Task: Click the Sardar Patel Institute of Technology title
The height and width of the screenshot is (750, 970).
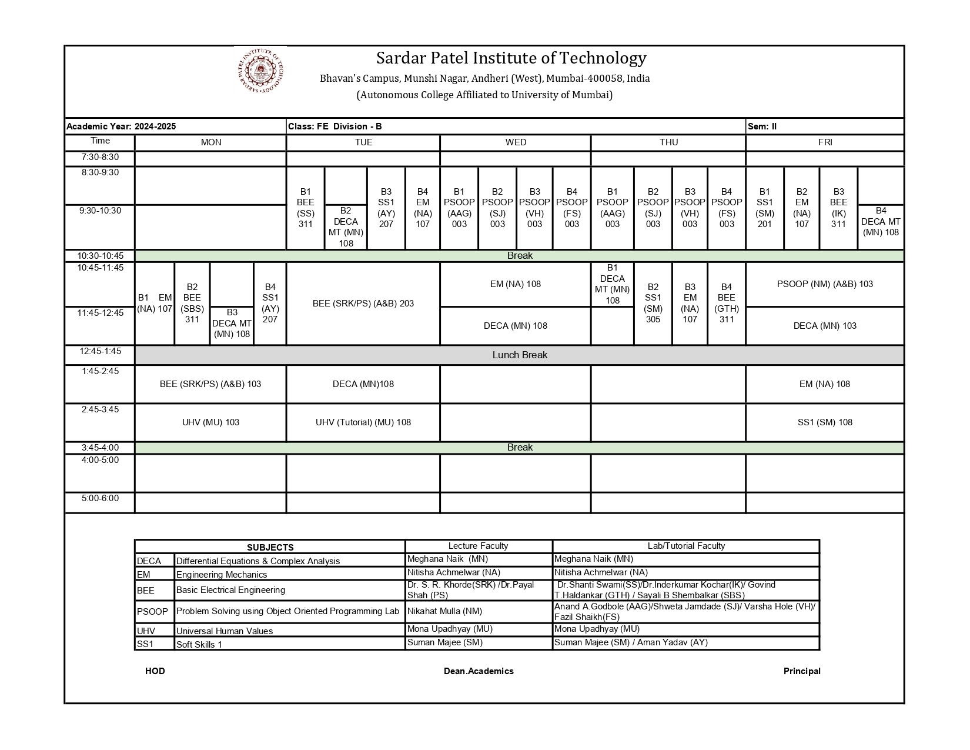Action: pyautogui.click(x=511, y=58)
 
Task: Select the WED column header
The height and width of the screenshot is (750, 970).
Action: pyautogui.click(x=516, y=142)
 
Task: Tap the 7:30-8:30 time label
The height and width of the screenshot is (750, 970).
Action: pyautogui.click(x=100, y=157)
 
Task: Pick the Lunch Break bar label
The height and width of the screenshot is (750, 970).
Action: pyautogui.click(x=520, y=355)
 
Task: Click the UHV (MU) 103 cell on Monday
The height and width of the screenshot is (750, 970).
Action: pyautogui.click(x=210, y=422)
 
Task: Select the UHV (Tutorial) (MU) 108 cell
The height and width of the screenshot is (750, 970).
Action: pyautogui.click(x=363, y=422)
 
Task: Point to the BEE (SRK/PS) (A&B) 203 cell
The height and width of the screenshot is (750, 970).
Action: pyautogui.click(x=363, y=304)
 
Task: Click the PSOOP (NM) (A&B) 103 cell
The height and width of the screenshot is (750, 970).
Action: pyautogui.click(x=825, y=284)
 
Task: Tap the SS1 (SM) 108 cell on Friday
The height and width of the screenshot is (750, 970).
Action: pyautogui.click(x=825, y=422)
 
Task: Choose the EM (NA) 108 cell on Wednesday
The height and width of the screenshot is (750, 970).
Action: pyautogui.click(x=516, y=284)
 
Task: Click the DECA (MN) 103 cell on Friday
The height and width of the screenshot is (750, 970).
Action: pyautogui.click(x=825, y=326)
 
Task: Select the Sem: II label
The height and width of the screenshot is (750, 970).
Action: pyautogui.click(x=762, y=126)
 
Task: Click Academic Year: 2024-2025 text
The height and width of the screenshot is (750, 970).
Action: pyautogui.click(x=121, y=126)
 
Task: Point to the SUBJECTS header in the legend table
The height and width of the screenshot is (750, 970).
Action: pyautogui.click(x=270, y=547)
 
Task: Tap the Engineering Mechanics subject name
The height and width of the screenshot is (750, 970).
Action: pyautogui.click(x=222, y=575)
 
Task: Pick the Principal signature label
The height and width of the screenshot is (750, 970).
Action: pyautogui.click(x=802, y=671)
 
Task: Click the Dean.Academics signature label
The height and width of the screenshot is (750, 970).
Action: pyautogui.click(x=479, y=671)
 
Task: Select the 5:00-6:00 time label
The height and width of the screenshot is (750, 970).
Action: pyautogui.click(x=100, y=499)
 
